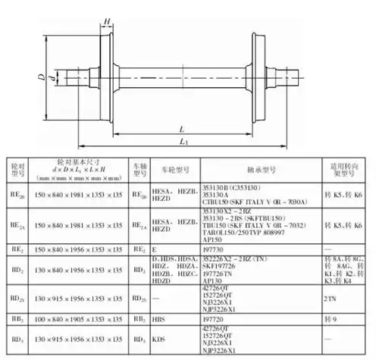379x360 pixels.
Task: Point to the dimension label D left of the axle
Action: [x=41, y=77]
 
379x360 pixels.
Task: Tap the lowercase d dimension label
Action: [x=52, y=77]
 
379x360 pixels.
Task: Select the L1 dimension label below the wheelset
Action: [x=182, y=141]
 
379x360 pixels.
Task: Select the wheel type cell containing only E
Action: [x=155, y=248]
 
